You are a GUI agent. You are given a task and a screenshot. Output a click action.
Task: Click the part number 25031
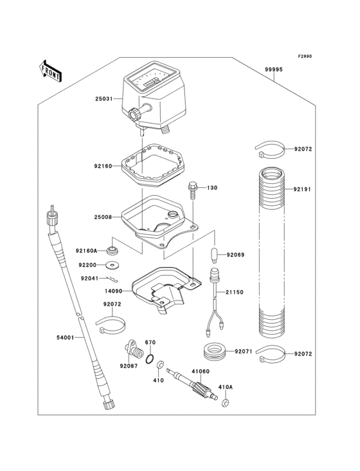[x=104, y=99]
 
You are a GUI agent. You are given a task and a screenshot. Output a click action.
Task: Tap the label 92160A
[x=87, y=251]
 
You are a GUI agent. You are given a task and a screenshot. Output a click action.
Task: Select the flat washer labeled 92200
[x=114, y=264]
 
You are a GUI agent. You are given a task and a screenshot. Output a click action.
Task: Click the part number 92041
[x=89, y=279]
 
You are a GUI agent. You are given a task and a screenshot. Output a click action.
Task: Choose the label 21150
[x=233, y=292]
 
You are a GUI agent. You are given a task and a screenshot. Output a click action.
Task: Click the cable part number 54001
[x=66, y=337]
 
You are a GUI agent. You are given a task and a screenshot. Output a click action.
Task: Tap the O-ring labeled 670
[x=150, y=358]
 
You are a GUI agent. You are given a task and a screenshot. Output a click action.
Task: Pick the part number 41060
[x=200, y=372]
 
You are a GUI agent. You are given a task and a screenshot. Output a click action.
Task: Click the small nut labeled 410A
[x=226, y=403]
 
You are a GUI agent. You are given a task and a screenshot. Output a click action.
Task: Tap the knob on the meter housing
[x=136, y=114]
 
